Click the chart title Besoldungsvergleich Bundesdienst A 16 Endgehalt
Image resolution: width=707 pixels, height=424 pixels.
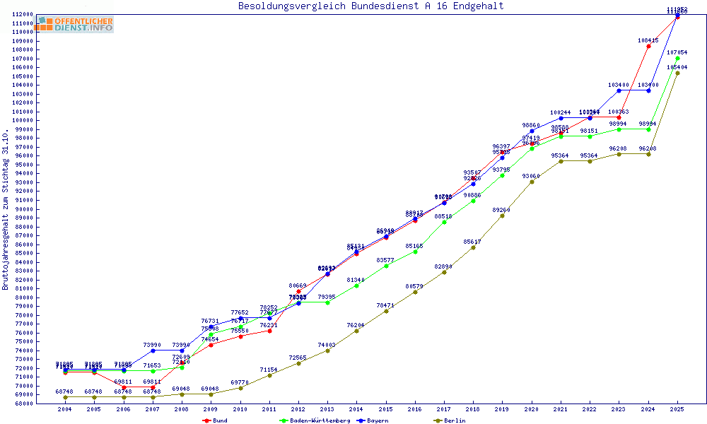click(x=370, y=6)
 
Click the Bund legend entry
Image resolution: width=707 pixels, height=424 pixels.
click(x=219, y=420)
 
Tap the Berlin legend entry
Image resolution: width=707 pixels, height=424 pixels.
click(x=455, y=420)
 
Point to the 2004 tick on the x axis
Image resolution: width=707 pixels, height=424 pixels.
click(x=65, y=409)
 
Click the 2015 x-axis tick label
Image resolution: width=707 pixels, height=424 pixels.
click(x=386, y=409)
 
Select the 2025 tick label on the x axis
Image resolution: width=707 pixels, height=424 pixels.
click(x=677, y=409)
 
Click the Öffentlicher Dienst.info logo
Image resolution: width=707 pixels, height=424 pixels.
click(x=75, y=25)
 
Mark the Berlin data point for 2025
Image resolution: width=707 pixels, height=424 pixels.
click(x=677, y=73)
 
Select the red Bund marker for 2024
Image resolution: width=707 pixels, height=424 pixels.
click(x=648, y=46)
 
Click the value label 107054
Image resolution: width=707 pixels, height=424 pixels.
click(x=677, y=52)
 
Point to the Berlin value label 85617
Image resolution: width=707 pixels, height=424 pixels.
click(x=473, y=242)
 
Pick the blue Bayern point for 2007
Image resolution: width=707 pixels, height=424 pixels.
click(x=153, y=351)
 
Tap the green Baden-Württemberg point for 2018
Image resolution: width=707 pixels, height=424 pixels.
click(x=473, y=201)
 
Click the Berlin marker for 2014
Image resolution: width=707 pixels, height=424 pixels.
click(x=356, y=331)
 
